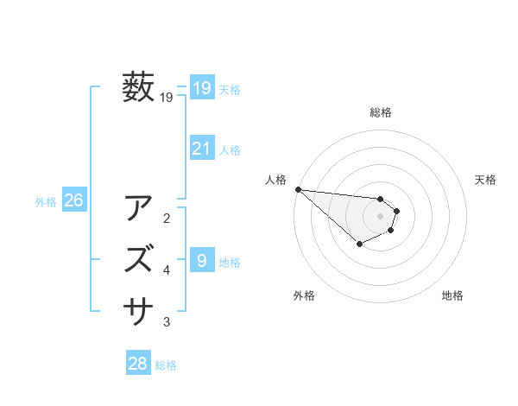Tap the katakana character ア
pos(140,208)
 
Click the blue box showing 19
pos(202,87)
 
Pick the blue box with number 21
pos(202,149)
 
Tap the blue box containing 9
pos(202,260)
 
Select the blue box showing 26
pos(74,201)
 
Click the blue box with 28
pos(138,364)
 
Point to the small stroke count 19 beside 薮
pos(167,98)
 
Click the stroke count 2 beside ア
pos(167,218)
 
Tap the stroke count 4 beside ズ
pos(167,270)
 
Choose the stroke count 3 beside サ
pos(167,322)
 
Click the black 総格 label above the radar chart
pos(381,112)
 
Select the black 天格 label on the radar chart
pos(486,180)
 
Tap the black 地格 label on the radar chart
pos(452,295)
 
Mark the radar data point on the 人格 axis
pos(298,189)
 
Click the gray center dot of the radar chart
pos(380,215)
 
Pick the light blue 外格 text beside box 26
pos(46,202)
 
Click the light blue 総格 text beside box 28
pos(166,365)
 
